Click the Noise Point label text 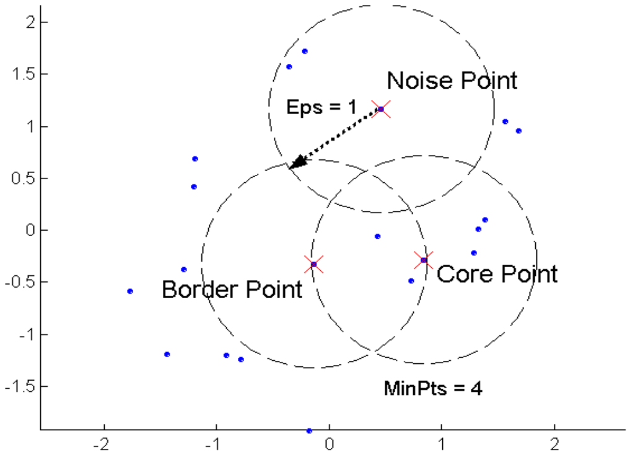pos(452,81)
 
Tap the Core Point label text pos(497,274)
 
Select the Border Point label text pos(232,289)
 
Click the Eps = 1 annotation pos(322,107)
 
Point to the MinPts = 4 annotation pos(433,388)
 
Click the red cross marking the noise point pos(381,109)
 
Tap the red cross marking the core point pos(424,260)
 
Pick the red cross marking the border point pos(314,264)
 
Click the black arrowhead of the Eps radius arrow pos(297,162)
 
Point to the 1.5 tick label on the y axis pos(22,74)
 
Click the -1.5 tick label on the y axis pos(20,387)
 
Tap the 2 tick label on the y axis pos(31,22)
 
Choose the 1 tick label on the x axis pos(442,444)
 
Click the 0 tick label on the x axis pos(330,444)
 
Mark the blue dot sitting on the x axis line pos(309,431)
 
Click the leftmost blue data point pos(130,291)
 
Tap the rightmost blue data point pos(518,131)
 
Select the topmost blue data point pos(305,51)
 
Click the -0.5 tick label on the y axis pos(20,283)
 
